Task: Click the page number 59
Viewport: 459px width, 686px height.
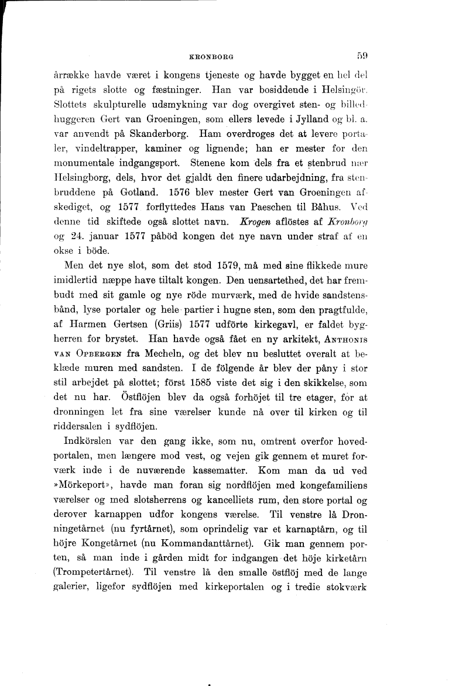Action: click(x=361, y=56)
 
